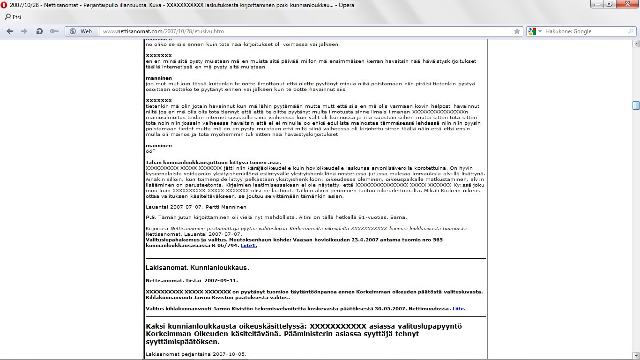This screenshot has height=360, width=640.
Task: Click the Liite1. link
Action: (x=249, y=245)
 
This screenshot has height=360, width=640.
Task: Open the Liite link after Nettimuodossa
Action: (x=458, y=308)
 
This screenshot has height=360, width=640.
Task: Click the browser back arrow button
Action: (x=10, y=31)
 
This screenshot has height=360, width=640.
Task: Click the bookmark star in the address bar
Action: (x=517, y=31)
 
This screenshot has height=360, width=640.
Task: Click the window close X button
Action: (x=629, y=4)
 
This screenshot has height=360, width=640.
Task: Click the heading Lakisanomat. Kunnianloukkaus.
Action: (x=197, y=268)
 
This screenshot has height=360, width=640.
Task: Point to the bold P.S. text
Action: (x=150, y=217)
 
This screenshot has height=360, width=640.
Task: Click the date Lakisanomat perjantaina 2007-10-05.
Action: (x=195, y=354)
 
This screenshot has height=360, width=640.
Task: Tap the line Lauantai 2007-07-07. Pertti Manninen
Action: (x=195, y=207)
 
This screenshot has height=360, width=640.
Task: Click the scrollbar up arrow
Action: (x=636, y=44)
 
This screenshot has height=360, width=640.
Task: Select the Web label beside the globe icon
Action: (x=86, y=31)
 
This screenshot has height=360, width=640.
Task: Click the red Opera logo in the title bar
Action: (x=4, y=5)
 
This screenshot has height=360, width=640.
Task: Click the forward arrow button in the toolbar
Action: (x=24, y=31)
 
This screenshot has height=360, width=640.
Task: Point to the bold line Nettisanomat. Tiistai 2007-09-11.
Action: (x=192, y=280)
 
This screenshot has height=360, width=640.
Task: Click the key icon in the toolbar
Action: (x=54, y=31)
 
